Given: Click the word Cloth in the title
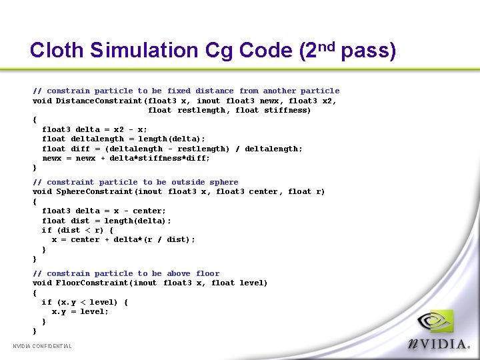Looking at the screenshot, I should pos(57,51).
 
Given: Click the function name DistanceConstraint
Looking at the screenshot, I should pos(99,101).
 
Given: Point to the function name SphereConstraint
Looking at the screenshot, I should pos(95,192).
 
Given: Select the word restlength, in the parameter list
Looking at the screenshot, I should pos(202,111).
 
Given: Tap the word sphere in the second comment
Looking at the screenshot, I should pos(223,182).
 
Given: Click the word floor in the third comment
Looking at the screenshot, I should pos(207,273).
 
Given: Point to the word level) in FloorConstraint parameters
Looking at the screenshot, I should pos(253,283).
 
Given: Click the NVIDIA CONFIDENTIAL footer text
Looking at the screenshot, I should pos(42,346).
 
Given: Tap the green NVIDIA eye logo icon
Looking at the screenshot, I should pos(435,323).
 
